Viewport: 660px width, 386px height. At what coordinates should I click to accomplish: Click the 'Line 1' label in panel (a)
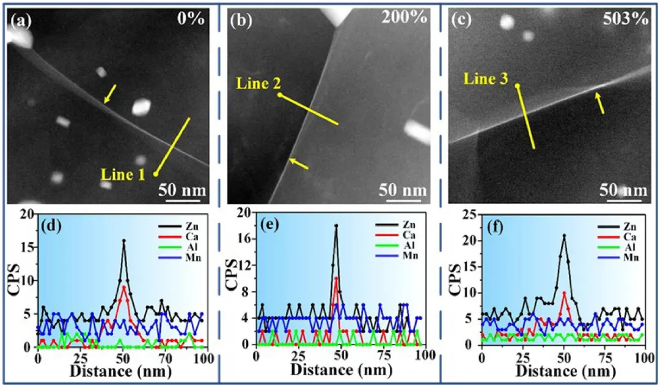[124, 175]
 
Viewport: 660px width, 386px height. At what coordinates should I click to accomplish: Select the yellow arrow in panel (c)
[601, 103]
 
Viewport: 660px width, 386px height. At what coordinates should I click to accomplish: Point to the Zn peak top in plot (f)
[564, 235]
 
